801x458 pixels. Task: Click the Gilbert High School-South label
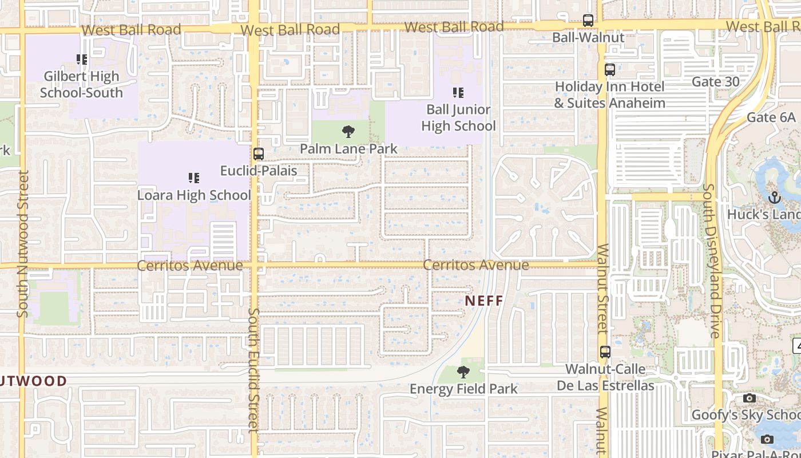(81, 84)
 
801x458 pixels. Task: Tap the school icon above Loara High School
(194, 178)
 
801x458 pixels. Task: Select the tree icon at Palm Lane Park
(348, 132)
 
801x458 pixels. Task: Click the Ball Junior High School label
(458, 117)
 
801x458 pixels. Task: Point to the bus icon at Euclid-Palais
(259, 153)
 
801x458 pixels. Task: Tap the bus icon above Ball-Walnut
(588, 21)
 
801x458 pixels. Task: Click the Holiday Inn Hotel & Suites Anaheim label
(609, 95)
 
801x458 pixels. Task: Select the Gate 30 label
(715, 81)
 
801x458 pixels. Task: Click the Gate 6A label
(771, 117)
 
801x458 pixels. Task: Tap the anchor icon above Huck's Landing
(775, 198)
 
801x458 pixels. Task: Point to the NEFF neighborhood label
(483, 301)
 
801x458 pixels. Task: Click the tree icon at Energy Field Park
(463, 372)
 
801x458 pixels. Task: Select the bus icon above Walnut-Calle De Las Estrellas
(605, 352)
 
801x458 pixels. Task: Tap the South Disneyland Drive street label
(712, 260)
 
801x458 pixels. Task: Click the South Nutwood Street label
(23, 243)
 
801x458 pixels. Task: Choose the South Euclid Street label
(254, 369)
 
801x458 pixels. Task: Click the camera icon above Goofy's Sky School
(750, 398)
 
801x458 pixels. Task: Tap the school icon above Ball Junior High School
(458, 92)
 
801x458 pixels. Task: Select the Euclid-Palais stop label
(259, 170)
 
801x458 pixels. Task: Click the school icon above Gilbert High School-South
(82, 59)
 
